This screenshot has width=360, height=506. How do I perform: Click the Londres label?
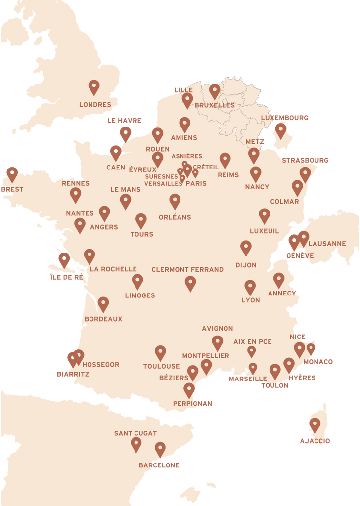pos(95,105)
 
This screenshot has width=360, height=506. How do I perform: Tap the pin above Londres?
pos(94,87)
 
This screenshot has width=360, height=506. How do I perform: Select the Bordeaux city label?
pos(103,319)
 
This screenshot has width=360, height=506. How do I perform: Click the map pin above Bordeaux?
pos(103,303)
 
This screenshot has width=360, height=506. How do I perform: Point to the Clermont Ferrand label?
pos(187,270)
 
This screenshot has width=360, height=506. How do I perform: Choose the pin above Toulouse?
pos(160,352)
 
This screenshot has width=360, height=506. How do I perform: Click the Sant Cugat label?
pos(135,433)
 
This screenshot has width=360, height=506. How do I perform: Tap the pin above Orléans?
pos(175,201)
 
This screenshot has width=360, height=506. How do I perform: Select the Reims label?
pos(227,175)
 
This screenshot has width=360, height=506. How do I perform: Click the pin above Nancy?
pos(256,173)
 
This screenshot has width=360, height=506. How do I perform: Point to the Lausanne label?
pos(327,244)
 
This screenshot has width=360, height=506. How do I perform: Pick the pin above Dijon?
pos(246,247)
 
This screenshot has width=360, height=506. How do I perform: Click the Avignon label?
pos(217,329)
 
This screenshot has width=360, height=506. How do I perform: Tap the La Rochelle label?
pos(113,269)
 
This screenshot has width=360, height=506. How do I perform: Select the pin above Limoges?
pos(137,281)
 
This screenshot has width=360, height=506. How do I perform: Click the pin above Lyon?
pos(250,287)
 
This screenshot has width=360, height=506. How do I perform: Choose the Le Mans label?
pos(125,189)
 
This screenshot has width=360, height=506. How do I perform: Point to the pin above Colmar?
pos(297,187)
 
